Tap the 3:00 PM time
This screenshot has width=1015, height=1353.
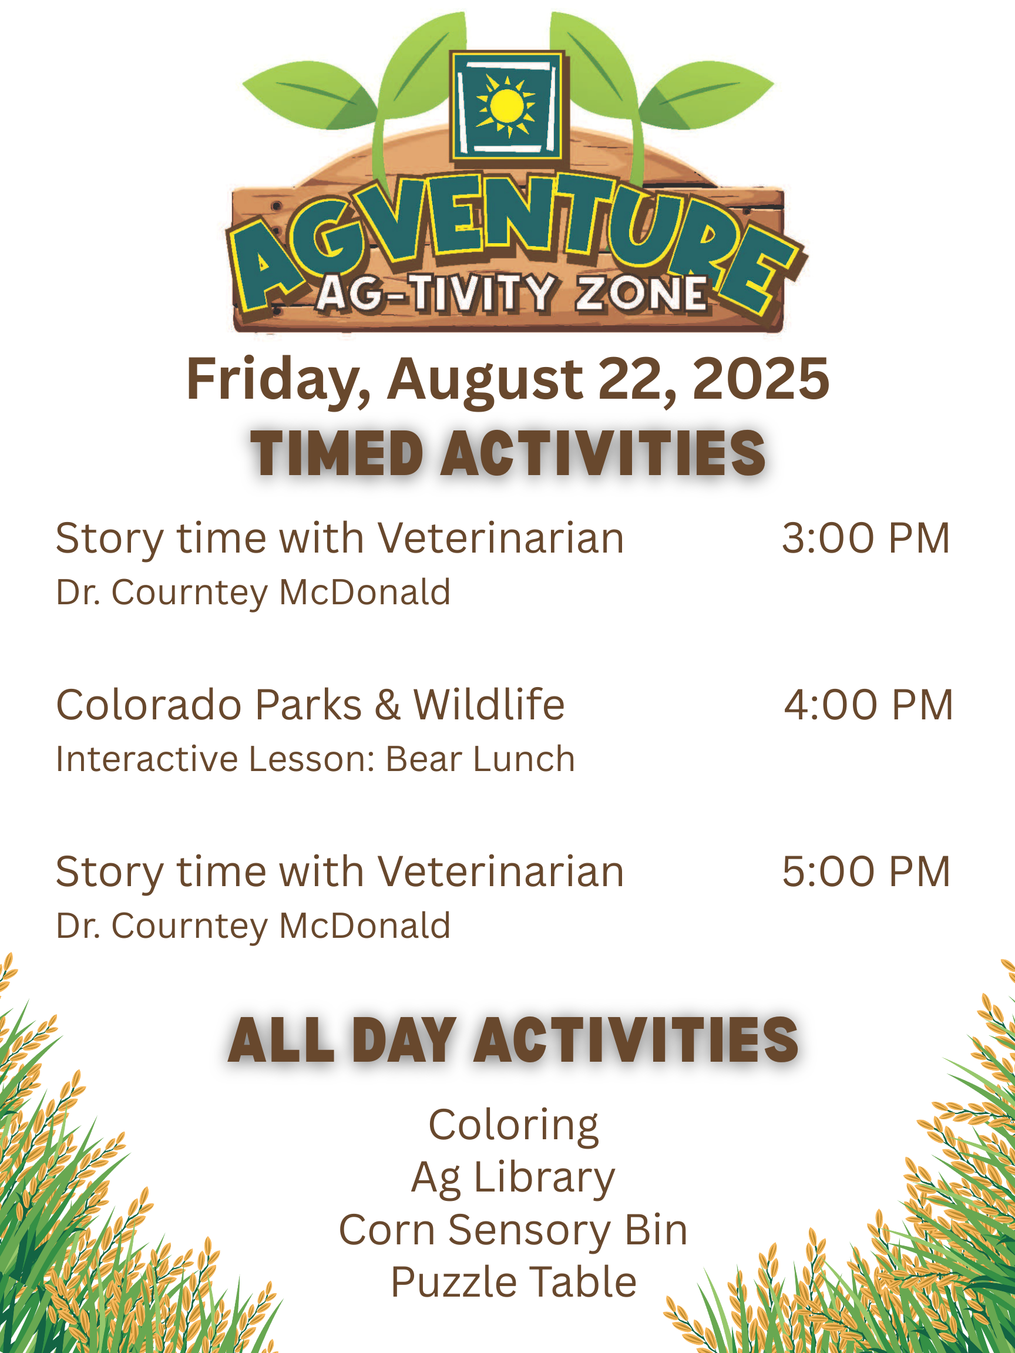coord(866,538)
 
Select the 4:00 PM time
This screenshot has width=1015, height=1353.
coord(868,705)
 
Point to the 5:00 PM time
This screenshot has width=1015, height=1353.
coord(866,871)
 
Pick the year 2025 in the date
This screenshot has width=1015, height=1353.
coord(761,379)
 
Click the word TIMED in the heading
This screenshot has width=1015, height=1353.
coord(337,453)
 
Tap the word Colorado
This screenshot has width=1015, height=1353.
coord(149,705)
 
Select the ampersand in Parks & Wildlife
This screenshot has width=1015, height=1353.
coord(388,705)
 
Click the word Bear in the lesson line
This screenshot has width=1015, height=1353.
coord(424,759)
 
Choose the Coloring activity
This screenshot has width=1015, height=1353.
coord(513,1126)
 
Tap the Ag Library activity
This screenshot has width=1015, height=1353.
coord(513,1178)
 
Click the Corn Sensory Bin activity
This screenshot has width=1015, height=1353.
coord(513,1230)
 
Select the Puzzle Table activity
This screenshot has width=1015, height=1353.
coord(513,1281)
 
